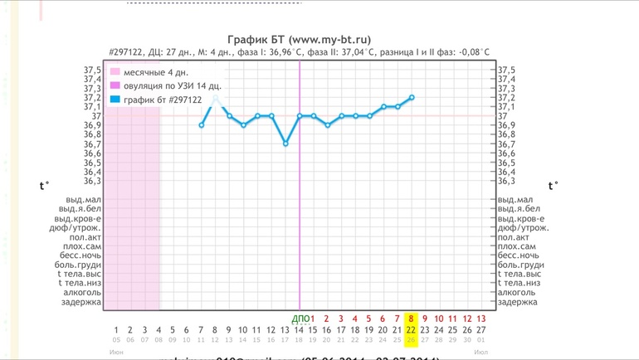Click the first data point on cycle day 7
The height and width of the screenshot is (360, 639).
point(201,125)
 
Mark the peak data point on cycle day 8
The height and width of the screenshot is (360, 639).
point(215,98)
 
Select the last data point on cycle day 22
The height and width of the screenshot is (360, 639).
point(412,97)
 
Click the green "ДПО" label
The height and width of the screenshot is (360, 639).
point(300,319)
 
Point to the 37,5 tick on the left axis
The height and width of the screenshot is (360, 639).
point(92,71)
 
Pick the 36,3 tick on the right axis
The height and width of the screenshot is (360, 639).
point(507,181)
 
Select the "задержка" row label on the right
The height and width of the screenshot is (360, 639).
point(517,302)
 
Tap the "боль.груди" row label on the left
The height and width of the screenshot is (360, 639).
point(80,265)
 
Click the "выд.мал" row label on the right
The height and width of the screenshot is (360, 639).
point(515,200)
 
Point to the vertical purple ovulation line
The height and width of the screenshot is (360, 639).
point(300,207)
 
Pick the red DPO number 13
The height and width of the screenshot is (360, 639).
point(481,319)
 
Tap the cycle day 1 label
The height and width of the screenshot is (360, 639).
point(116,329)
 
